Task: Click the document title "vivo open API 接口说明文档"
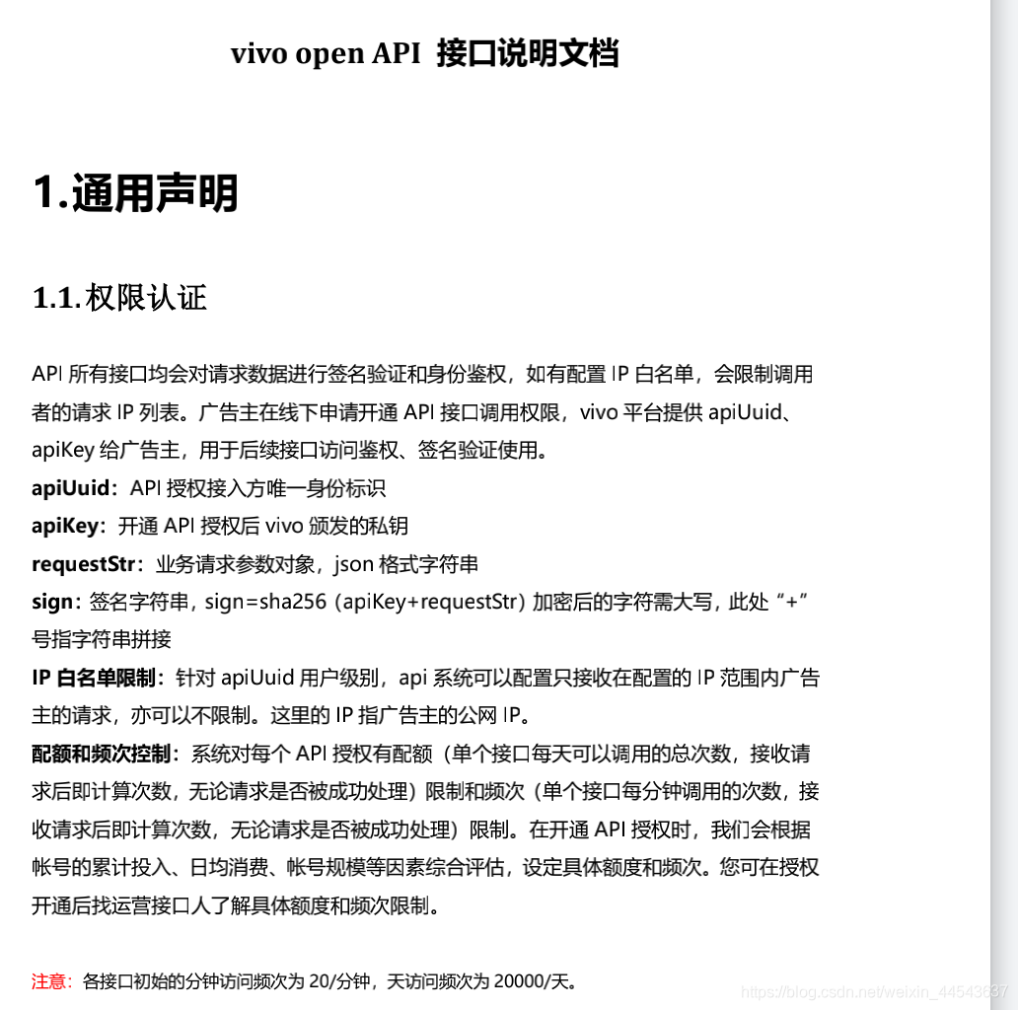[x=424, y=53]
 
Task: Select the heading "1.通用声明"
[x=135, y=192]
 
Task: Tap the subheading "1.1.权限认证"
[x=119, y=298]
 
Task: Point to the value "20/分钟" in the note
[x=338, y=981]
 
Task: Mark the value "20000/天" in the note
[x=532, y=981]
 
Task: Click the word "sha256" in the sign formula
[x=293, y=602]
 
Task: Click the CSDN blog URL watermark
[x=873, y=990]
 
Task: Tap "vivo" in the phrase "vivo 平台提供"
[x=598, y=412]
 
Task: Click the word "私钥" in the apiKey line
[x=390, y=526]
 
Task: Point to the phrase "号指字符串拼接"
[x=102, y=639]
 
